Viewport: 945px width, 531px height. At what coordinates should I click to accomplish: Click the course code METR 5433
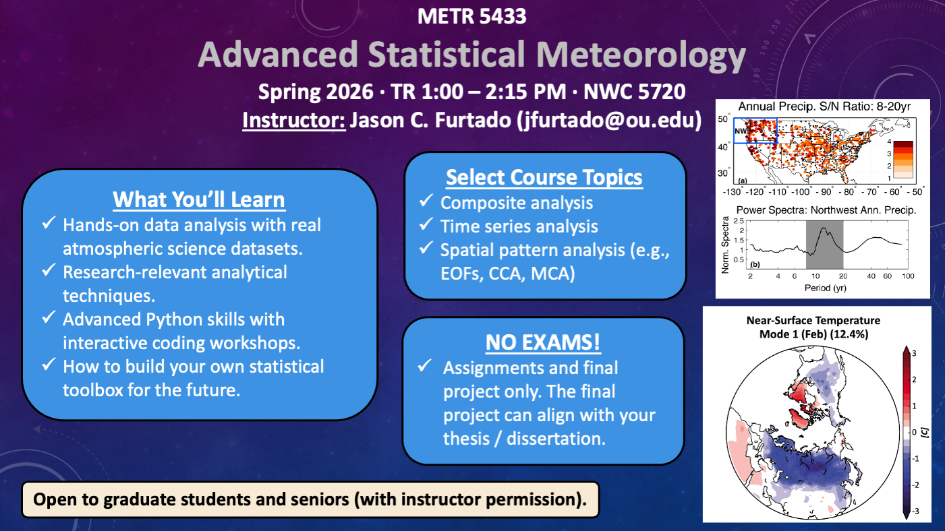click(471, 16)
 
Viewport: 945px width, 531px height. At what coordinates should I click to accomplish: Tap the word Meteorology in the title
click(641, 55)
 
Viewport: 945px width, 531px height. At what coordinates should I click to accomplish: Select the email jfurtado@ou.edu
click(609, 121)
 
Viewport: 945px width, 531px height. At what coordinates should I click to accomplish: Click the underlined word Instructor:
click(294, 121)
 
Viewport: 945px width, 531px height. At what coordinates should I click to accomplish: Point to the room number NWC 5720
click(635, 92)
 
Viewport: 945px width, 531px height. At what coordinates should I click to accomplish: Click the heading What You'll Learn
click(199, 199)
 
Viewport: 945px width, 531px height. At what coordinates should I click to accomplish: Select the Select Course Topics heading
click(544, 177)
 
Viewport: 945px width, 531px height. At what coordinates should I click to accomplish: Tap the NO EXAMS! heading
click(543, 342)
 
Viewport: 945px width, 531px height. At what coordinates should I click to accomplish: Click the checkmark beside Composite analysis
click(426, 201)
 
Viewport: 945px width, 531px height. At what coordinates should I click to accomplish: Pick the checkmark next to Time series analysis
click(426, 224)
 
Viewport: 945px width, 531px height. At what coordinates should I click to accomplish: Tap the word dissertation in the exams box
click(556, 439)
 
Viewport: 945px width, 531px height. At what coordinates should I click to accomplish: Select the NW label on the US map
click(741, 131)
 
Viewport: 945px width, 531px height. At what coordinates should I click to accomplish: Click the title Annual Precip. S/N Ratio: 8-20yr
click(824, 106)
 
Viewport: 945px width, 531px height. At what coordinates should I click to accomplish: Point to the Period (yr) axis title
click(825, 288)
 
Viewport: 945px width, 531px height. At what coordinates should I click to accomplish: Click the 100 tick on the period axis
click(908, 276)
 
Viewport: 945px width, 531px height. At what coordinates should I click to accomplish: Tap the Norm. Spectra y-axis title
click(725, 245)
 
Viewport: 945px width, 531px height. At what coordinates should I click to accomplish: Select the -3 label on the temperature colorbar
click(915, 511)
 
